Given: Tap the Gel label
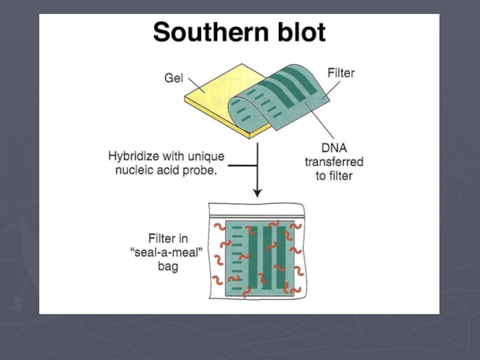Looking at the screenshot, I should pyautogui.click(x=173, y=79).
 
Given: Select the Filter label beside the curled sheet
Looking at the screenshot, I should pyautogui.click(x=341, y=74).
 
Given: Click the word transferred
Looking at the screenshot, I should pyautogui.click(x=334, y=162).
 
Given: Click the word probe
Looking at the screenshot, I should pyautogui.click(x=200, y=170).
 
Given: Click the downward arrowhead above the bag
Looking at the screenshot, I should pyautogui.click(x=257, y=193).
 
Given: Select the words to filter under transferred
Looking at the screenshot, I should pyautogui.click(x=334, y=176).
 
